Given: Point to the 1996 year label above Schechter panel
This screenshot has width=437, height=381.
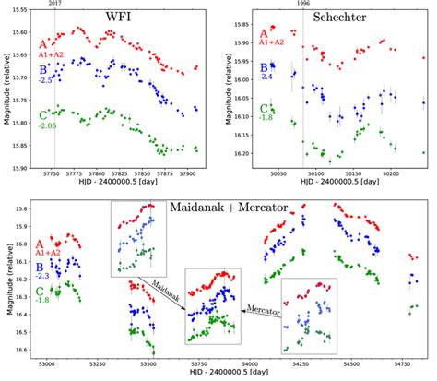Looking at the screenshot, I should (304, 4).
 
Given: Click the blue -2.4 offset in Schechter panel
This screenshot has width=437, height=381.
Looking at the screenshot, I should (267, 76).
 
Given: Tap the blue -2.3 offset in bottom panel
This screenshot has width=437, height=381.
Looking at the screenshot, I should (41, 276).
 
